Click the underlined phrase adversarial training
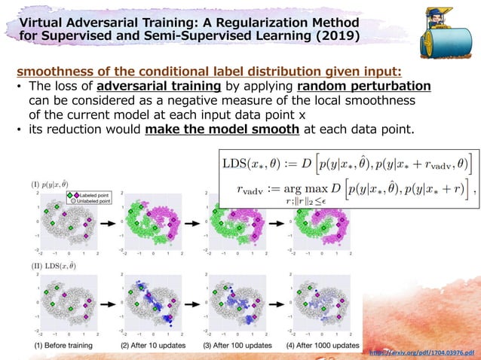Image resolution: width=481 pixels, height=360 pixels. tap(148, 86)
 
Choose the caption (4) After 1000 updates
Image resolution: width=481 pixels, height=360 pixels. tap(322, 345)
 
